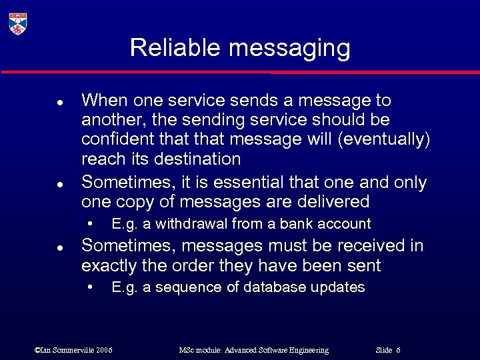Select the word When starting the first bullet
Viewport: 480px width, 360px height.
(105, 101)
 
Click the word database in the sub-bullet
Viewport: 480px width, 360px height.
(273, 287)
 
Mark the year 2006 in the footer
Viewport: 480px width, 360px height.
(103, 350)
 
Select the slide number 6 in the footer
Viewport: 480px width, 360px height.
(398, 350)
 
